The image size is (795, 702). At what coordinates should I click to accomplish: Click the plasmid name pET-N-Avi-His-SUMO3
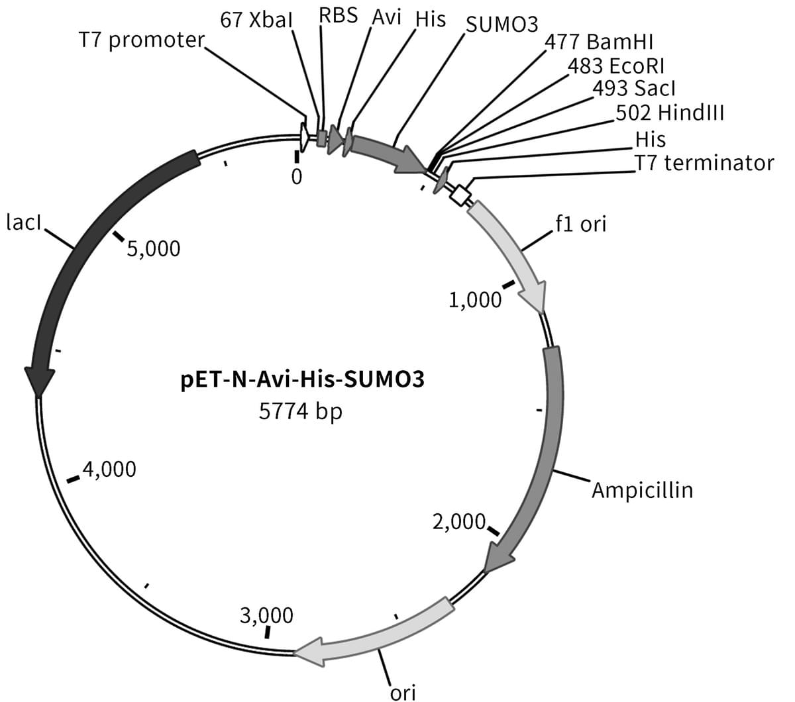pos(302,380)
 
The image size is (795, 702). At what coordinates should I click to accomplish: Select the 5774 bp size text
pos(301,412)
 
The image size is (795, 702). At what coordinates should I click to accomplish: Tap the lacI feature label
pos(24,223)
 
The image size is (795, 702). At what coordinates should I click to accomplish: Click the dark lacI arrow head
pos(39,381)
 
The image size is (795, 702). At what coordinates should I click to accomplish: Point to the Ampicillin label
pos(643,490)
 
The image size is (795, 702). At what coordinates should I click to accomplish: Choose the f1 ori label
pos(581,224)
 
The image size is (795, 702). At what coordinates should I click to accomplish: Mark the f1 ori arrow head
pos(535,297)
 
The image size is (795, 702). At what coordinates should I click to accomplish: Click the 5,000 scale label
pos(154,249)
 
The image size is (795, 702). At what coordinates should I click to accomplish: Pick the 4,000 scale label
pos(109,469)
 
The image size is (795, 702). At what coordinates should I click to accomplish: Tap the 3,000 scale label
pos(266,615)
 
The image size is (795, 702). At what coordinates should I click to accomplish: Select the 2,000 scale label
pos(459,522)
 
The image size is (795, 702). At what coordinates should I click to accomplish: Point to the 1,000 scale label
pos(475,300)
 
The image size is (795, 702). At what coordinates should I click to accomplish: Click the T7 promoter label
pos(142,40)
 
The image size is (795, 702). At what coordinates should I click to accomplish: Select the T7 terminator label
pos(704,163)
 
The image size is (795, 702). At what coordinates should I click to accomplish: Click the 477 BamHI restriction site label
pos(599,42)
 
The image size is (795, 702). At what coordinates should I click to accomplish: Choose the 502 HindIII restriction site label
pos(670,113)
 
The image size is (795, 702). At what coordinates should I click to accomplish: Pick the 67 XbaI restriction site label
pos(256,20)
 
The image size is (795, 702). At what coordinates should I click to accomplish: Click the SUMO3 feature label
pos(502,25)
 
